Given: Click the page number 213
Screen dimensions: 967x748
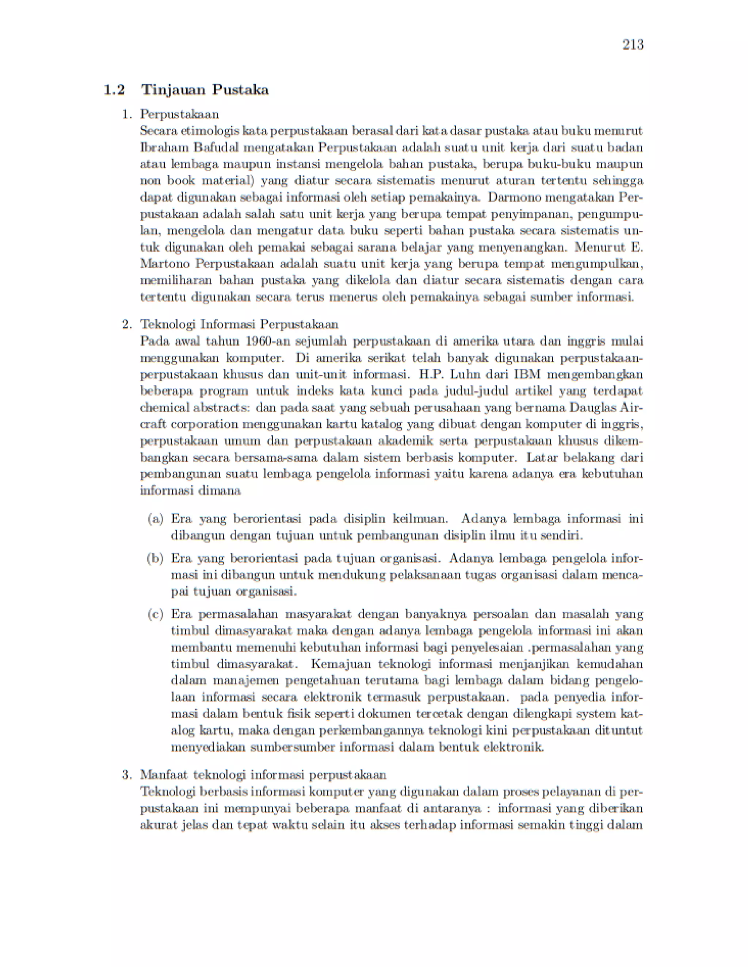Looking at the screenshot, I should (633, 45).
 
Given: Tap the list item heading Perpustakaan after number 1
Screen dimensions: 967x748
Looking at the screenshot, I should (179, 114).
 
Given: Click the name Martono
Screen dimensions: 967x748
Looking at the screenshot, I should (165, 264).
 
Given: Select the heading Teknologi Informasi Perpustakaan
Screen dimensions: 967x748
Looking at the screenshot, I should (239, 324).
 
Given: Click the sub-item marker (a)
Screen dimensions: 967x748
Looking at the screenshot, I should (155, 519).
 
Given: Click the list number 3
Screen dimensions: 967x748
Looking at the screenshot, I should (126, 775).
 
